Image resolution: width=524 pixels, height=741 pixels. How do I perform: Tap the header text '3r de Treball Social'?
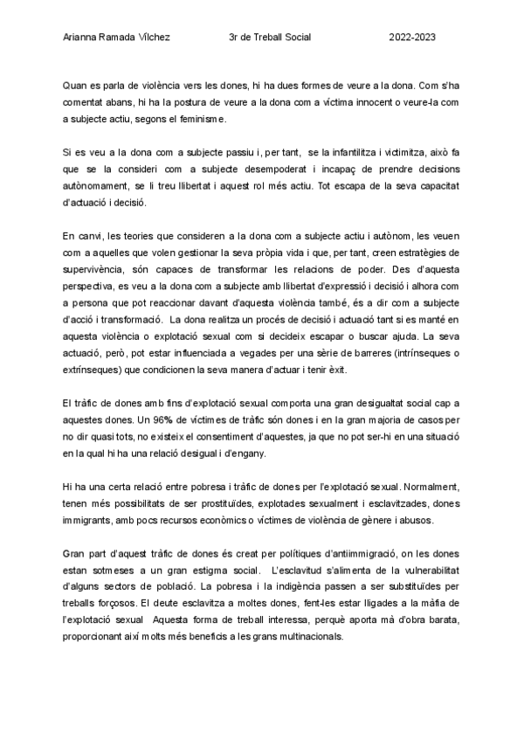pos(269,38)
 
